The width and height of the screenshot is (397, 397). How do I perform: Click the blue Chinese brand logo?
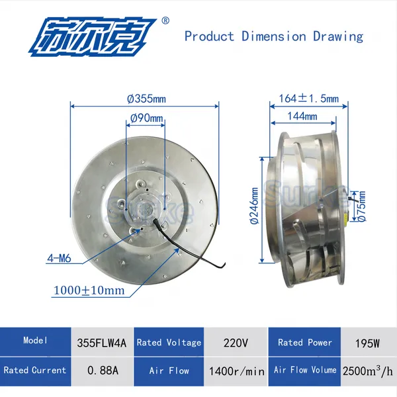coord(93,37)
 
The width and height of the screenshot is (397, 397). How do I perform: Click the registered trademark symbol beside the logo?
coord(165,21)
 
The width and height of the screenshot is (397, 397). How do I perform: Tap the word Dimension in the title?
coord(273,36)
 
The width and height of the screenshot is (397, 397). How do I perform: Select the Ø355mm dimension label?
coord(146,99)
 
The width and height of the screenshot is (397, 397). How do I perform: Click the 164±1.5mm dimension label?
coord(308,98)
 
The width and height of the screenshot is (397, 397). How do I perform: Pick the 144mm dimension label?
coord(302,116)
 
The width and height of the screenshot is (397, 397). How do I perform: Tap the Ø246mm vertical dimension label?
coord(254,206)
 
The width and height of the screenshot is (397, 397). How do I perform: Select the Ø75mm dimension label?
coord(362,206)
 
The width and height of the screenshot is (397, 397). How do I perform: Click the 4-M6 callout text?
coord(60,259)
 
